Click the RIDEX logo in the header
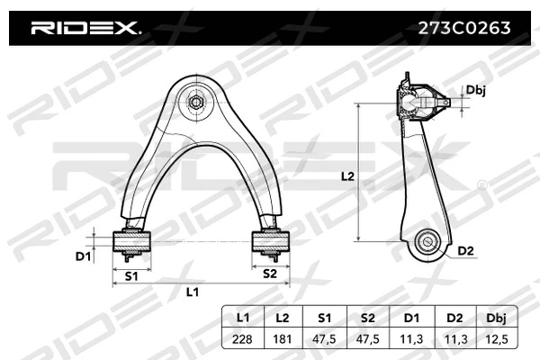point(86,29)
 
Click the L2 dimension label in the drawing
point(346,177)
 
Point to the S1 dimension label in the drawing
point(130,275)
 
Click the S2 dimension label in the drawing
point(269,274)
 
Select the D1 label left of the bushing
point(83,257)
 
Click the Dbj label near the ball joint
point(476,90)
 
